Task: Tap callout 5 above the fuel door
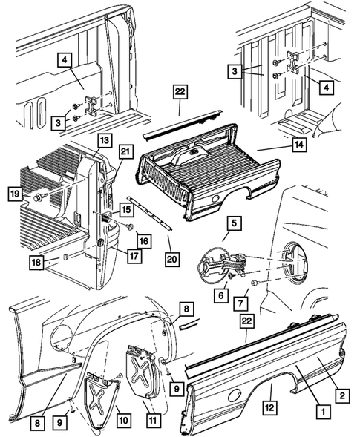click(234, 222)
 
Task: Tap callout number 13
click(102, 139)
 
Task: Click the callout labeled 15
click(127, 210)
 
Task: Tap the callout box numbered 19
click(15, 194)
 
